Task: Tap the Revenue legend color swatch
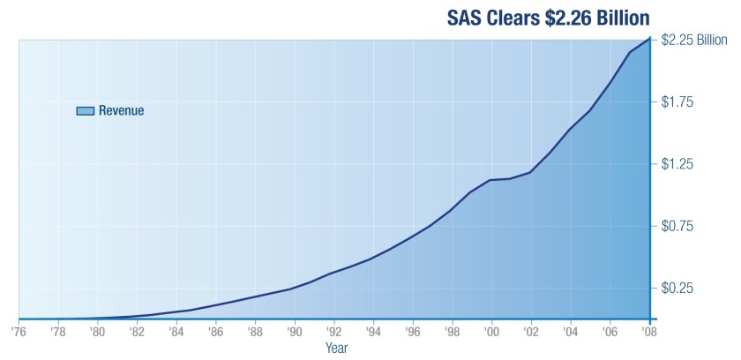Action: [x=85, y=110]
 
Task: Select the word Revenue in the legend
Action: [x=121, y=110]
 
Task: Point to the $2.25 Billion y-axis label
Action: [x=693, y=40]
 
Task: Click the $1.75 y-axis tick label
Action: [x=677, y=101]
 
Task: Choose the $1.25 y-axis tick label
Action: [x=677, y=164]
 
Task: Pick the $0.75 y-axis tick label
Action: [x=677, y=226]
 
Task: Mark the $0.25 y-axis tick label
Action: [x=677, y=289]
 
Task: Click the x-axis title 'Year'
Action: [x=336, y=348]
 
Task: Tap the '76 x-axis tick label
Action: [x=18, y=332]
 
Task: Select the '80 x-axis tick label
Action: [x=97, y=332]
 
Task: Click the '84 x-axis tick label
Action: [x=176, y=332]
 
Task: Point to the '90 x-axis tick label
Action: [x=295, y=332]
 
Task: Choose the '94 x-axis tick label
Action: [x=373, y=332]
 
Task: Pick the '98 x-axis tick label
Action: [x=453, y=332]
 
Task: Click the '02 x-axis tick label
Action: [x=531, y=332]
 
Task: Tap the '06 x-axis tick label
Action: [x=610, y=332]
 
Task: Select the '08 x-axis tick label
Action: [x=650, y=332]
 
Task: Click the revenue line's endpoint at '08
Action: [x=650, y=38]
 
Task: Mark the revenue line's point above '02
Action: [x=531, y=172]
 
